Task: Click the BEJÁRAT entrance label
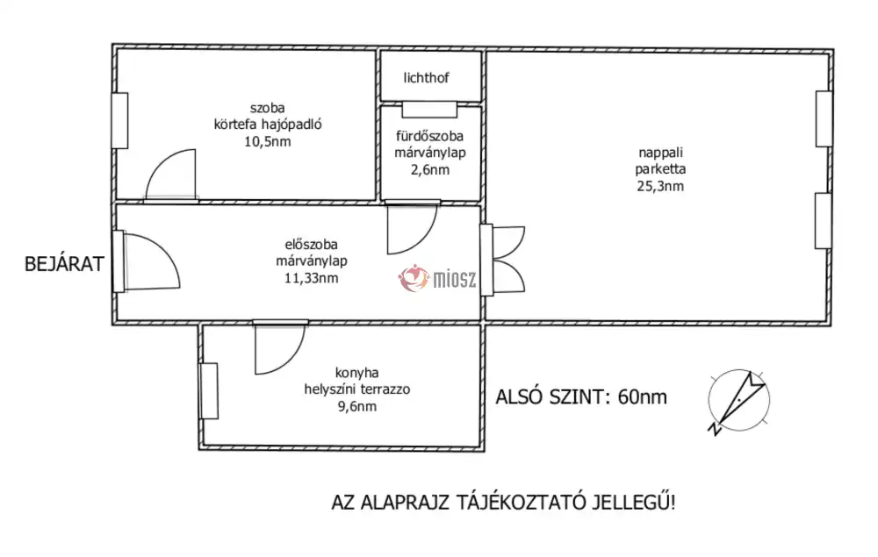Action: pyautogui.click(x=64, y=264)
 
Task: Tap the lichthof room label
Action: pyautogui.click(x=426, y=78)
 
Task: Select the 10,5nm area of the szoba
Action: pyautogui.click(x=268, y=141)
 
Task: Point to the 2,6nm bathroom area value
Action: pyautogui.click(x=430, y=170)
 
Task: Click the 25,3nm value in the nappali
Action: pyautogui.click(x=660, y=186)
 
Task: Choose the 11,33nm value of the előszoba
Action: pyautogui.click(x=312, y=278)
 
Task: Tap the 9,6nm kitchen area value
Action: pyautogui.click(x=356, y=406)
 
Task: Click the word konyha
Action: pyautogui.click(x=356, y=373)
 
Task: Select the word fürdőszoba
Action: pyautogui.click(x=429, y=136)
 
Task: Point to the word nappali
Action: pyautogui.click(x=661, y=153)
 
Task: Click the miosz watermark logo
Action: pyautogui.click(x=437, y=278)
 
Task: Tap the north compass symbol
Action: pyautogui.click(x=738, y=401)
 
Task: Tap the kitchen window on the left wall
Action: pyautogui.click(x=208, y=391)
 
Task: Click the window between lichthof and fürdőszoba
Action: pyautogui.click(x=429, y=110)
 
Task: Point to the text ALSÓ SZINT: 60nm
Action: pyautogui.click(x=581, y=397)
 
